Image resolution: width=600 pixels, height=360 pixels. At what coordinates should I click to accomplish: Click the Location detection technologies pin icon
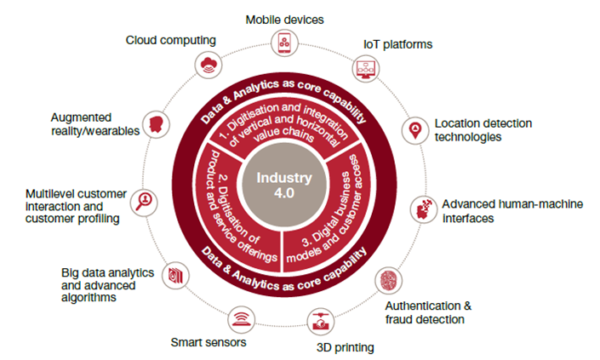point(415,129)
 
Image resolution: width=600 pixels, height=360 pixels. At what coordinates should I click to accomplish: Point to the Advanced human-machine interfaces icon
point(420,208)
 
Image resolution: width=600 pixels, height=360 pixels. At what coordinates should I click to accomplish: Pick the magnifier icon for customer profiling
point(146,201)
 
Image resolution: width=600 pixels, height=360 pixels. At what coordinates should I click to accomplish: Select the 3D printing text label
point(342,347)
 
